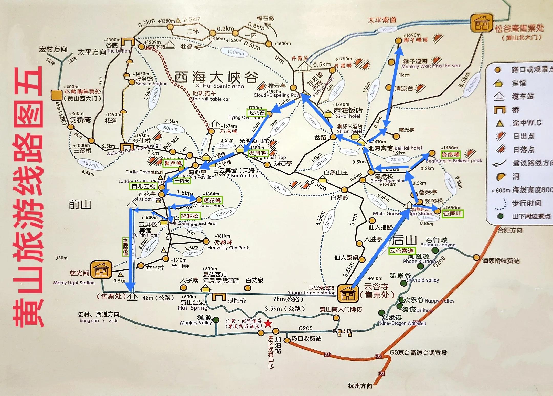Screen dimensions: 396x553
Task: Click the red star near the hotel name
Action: click(x=268, y=323)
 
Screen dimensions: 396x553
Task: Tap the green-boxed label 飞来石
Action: click(x=256, y=113)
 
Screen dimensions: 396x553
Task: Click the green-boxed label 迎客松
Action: click(x=189, y=216)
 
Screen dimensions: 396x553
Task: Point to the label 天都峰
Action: click(x=223, y=242)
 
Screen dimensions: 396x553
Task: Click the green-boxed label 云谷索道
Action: click(x=401, y=251)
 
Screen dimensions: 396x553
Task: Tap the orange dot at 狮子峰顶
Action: click(x=398, y=40)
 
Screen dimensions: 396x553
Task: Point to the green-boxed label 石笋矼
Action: click(x=453, y=213)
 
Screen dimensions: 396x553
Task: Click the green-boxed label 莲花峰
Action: click(x=212, y=200)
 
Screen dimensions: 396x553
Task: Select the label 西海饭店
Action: click(x=348, y=110)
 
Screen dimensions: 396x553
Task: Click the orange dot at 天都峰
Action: click(x=206, y=241)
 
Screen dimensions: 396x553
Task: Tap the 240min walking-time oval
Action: click(x=471, y=83)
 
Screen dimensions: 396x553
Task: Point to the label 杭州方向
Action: click(x=360, y=386)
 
